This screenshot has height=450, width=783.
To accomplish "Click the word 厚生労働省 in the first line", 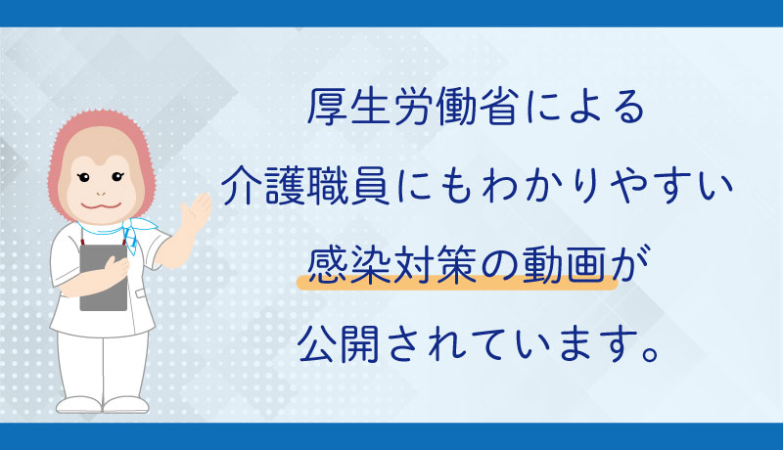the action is (x=411, y=107).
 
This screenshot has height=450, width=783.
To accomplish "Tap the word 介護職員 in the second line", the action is (x=304, y=186).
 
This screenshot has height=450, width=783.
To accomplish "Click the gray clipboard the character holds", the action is (x=104, y=277).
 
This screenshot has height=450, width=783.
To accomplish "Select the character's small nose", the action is (x=101, y=193).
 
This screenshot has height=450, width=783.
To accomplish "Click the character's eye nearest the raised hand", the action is (x=116, y=176).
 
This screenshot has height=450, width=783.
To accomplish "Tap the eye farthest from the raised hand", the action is (x=83, y=177).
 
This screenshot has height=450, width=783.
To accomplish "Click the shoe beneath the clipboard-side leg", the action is (x=78, y=405).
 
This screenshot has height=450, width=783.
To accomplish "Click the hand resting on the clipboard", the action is (x=116, y=268).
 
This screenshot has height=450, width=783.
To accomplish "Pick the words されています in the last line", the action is (x=513, y=344).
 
